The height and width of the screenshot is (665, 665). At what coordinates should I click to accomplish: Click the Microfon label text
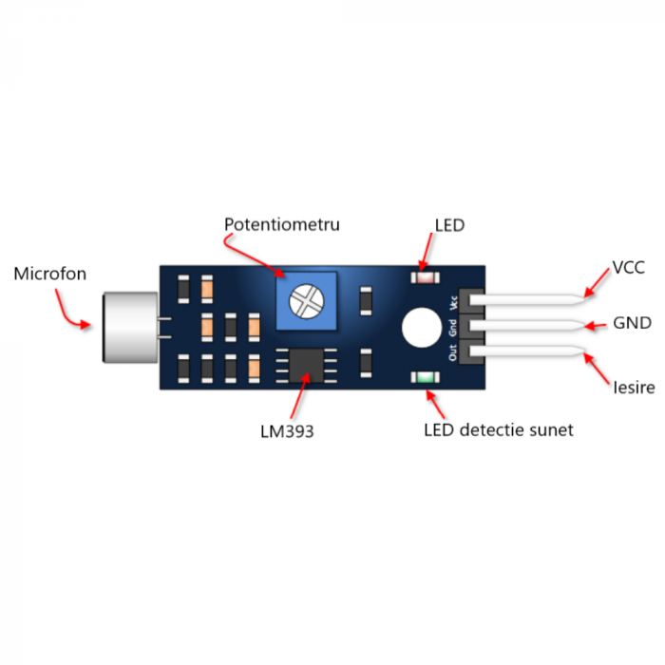[50, 274]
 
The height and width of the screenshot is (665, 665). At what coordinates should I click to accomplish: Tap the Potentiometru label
[282, 224]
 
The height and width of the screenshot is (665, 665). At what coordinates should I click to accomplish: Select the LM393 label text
[287, 431]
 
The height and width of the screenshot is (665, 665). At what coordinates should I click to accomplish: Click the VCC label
[629, 268]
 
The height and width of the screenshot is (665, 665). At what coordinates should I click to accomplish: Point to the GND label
[633, 323]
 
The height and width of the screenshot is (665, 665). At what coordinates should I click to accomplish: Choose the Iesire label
[634, 388]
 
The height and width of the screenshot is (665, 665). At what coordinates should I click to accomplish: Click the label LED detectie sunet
[499, 430]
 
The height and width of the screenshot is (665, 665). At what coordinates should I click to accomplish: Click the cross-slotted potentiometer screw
[306, 301]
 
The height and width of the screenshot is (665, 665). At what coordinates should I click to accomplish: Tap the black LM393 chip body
[306, 366]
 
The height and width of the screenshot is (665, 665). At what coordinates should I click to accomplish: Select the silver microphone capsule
[130, 327]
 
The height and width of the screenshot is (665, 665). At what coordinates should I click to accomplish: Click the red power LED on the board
[426, 277]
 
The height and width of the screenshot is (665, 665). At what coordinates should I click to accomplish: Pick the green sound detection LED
[426, 377]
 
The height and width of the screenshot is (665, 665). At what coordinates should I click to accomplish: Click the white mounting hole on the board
[422, 328]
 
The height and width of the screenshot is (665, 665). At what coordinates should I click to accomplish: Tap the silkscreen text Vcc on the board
[453, 303]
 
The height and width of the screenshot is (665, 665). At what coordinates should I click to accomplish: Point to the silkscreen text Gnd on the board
[453, 328]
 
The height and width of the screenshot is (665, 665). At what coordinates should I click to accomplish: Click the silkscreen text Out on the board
[453, 352]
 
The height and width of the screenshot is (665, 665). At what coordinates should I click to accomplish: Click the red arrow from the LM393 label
[299, 395]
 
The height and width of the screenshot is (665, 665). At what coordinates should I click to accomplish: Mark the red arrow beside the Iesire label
[598, 369]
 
